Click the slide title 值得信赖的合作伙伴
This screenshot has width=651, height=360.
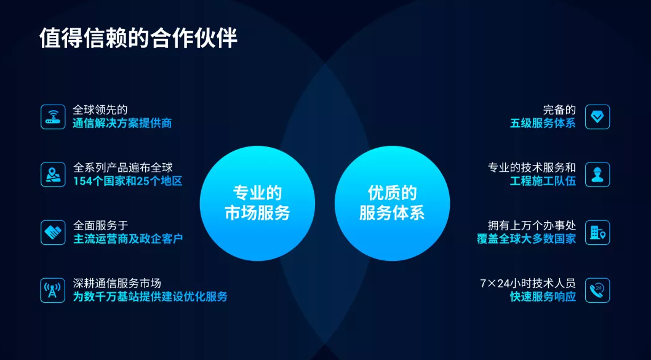[138, 39]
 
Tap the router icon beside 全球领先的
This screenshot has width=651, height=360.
[53, 117]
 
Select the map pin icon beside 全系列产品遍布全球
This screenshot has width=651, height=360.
[53, 174]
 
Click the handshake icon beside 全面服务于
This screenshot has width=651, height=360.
[53, 232]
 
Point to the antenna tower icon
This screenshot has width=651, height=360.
[53, 290]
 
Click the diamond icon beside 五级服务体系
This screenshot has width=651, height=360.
[597, 117]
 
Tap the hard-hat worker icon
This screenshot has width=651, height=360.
[597, 174]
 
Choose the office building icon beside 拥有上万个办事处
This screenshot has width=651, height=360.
[597, 232]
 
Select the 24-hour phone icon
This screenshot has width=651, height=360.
[597, 290]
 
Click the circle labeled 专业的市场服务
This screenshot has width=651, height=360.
[257, 203]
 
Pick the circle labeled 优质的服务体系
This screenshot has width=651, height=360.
[392, 203]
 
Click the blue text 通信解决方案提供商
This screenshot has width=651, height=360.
[122, 123]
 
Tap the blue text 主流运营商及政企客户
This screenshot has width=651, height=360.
[128, 239]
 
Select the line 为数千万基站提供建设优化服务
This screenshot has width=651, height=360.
[150, 297]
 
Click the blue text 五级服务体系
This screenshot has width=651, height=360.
[543, 123]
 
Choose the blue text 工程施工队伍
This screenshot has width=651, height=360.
[543, 181]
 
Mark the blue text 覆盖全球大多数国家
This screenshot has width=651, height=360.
[527, 239]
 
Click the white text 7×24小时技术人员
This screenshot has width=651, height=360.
[528, 284]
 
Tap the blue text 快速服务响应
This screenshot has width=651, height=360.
[543, 297]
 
